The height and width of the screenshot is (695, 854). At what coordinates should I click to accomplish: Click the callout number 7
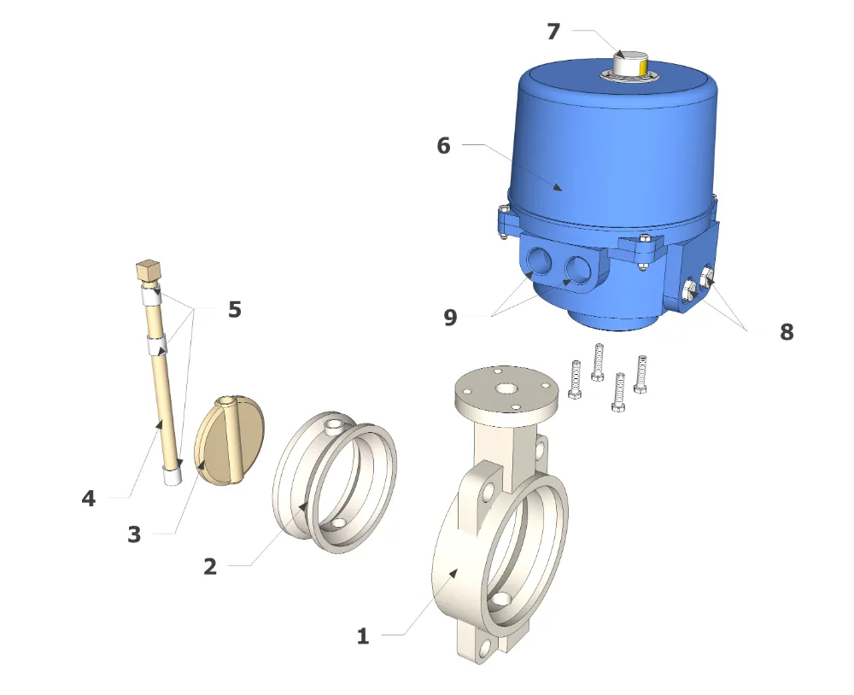553,32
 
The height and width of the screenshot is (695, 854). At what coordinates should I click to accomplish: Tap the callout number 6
443,145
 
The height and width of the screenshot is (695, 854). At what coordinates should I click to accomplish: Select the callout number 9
450,317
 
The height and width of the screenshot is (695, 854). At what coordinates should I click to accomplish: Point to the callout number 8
787,331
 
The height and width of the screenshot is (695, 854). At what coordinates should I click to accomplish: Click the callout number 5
234,309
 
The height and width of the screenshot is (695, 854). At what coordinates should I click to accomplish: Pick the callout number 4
88,499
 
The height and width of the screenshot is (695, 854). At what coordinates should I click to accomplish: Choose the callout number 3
134,534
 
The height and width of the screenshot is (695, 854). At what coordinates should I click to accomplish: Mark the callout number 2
210,566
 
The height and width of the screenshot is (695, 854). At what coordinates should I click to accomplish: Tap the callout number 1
363,635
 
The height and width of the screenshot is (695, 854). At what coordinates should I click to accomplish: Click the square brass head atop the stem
148,269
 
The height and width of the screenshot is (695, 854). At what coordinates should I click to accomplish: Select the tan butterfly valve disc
229,441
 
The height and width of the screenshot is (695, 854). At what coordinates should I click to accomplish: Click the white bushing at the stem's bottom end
173,476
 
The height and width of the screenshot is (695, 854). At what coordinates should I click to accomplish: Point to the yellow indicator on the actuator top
644,68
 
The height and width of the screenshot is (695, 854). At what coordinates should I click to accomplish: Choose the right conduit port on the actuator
577,268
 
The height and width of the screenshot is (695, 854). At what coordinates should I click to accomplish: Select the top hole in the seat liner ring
331,424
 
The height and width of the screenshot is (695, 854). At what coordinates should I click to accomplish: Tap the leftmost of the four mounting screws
575,379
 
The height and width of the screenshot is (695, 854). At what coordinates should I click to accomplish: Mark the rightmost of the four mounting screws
640,374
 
